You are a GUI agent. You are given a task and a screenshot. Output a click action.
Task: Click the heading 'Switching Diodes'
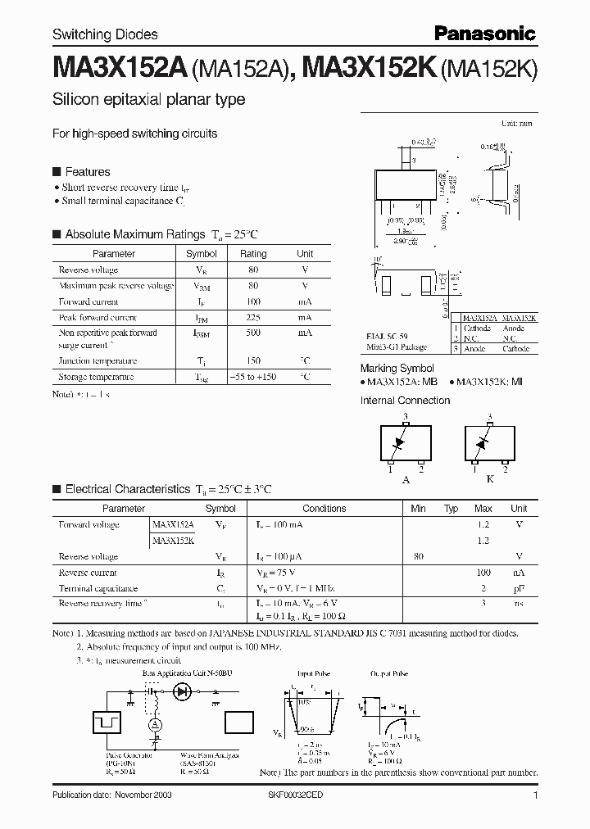click(x=105, y=34)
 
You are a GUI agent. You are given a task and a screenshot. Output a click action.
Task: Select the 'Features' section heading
click(x=87, y=172)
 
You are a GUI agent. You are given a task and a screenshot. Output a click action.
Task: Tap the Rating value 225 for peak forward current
click(x=253, y=318)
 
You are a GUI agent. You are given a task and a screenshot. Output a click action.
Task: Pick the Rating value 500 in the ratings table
click(x=253, y=333)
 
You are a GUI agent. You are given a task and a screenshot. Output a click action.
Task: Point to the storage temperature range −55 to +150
click(x=253, y=377)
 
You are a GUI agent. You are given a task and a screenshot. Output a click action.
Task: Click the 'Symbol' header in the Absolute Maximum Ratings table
click(x=202, y=254)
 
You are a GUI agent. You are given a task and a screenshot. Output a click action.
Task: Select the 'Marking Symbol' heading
click(x=397, y=369)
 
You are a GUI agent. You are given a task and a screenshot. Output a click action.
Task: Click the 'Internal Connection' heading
click(x=405, y=401)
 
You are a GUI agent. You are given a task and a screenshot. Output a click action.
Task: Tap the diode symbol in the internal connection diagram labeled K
click(x=484, y=442)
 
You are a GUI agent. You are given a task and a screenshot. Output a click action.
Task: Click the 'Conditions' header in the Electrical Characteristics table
click(x=324, y=509)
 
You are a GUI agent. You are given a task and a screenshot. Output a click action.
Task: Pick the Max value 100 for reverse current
click(x=483, y=573)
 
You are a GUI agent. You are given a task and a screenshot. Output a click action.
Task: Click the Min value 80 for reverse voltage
click(x=419, y=556)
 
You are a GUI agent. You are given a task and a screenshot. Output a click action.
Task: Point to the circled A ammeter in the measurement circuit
click(x=153, y=725)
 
